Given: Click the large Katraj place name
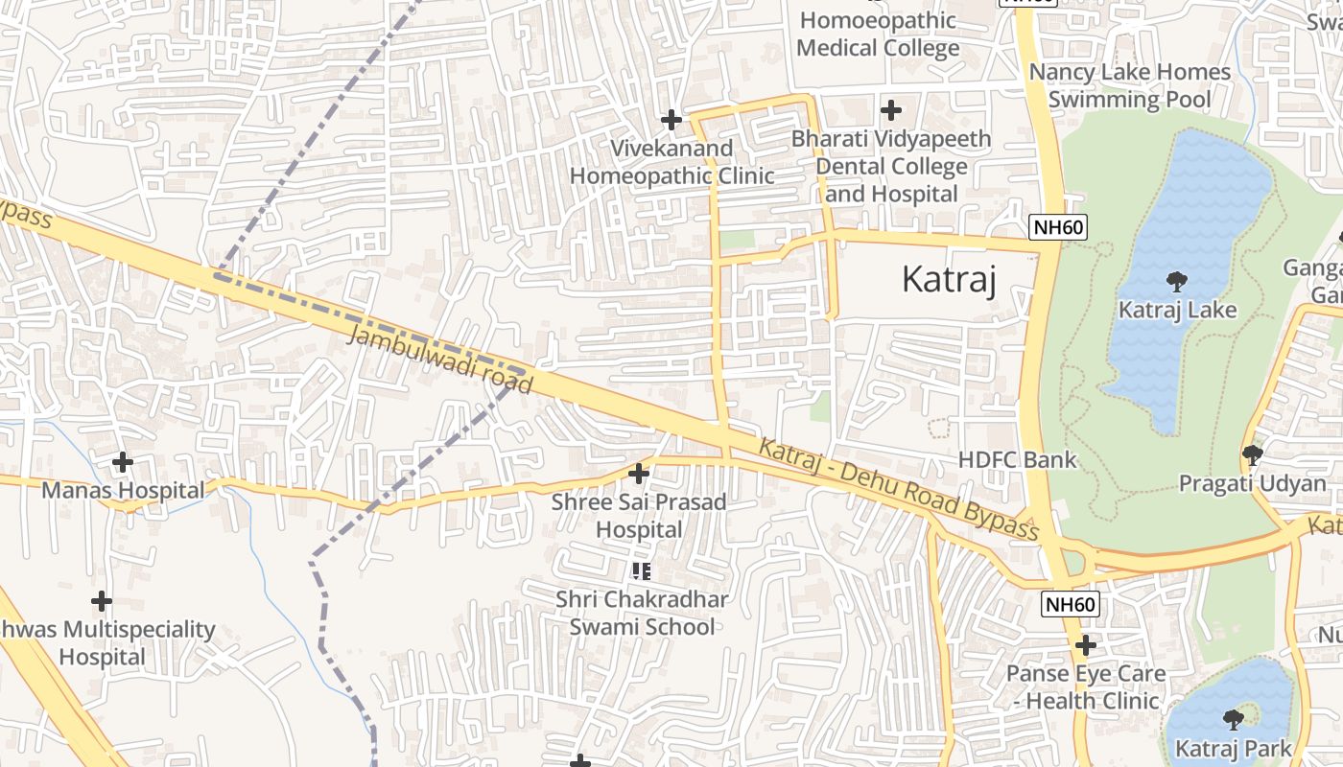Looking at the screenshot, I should (949, 280).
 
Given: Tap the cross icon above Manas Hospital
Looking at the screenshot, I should (123, 462).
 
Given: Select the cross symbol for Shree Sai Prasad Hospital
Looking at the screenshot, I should (639, 474).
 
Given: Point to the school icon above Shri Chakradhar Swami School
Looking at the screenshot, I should (642, 571).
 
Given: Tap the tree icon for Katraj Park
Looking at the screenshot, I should (1234, 719).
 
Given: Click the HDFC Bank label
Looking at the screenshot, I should (1017, 460).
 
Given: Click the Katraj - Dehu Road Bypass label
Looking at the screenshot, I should (899, 490).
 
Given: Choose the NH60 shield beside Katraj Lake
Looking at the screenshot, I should (1057, 227).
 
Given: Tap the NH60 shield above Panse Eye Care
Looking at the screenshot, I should (1070, 604).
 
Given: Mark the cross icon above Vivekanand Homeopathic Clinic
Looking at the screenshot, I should (671, 120).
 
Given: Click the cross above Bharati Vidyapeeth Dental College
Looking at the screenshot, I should (891, 110).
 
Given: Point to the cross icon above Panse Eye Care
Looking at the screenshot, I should (1086, 645).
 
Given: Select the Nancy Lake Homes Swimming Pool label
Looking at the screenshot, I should (1129, 85).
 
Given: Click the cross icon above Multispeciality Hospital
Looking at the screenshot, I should (102, 602).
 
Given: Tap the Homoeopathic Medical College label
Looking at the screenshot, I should (878, 34).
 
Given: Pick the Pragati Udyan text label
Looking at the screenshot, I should (1252, 483).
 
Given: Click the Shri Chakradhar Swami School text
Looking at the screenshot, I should (642, 613).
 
